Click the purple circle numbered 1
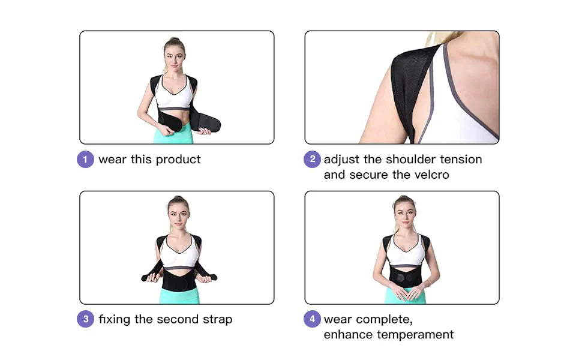click(85, 160)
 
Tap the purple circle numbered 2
click(311, 160)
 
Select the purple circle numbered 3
click(85, 319)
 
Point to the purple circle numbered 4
click(311, 319)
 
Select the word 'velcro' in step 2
click(430, 175)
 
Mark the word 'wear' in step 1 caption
click(112, 160)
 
